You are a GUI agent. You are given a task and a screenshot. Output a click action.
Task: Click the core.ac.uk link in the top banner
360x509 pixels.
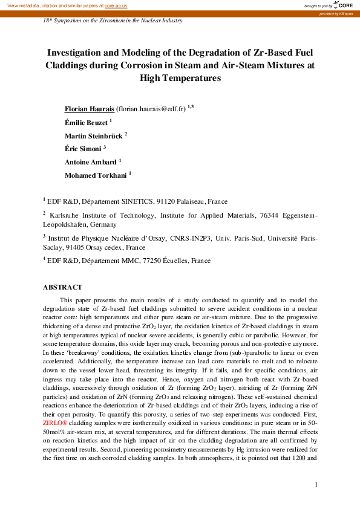coord(116,5)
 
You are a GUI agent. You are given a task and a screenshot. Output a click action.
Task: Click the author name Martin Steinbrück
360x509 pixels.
coord(93,135)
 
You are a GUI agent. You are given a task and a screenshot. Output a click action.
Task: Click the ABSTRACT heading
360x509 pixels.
coord(62,287)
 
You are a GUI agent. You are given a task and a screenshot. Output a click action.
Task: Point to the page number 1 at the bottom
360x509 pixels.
coord(316,485)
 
